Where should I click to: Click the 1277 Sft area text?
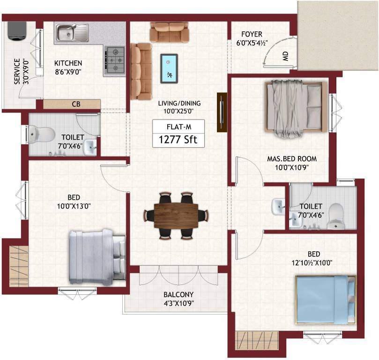tap(178, 140)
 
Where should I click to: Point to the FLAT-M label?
tap(178, 127)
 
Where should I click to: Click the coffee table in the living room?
tap(169, 68)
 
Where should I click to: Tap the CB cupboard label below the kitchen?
tap(75, 105)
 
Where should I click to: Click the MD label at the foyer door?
tap(285, 56)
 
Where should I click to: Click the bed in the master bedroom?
tap(295, 106)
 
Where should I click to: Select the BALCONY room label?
tap(178, 295)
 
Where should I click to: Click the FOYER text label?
tap(252, 34)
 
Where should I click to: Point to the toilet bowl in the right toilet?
tap(336, 216)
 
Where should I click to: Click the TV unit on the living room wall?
tap(221, 112)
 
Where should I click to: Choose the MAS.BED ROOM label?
tap(288, 158)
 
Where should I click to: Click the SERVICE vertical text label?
tap(17, 71)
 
